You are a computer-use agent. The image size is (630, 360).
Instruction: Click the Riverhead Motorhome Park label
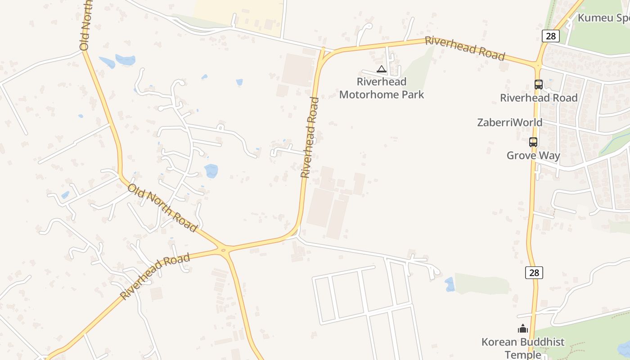[382, 88]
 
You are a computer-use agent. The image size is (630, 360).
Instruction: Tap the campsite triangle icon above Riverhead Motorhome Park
[382, 69]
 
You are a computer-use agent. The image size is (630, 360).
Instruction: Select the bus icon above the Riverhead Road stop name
[538, 84]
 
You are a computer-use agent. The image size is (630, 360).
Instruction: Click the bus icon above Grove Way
[533, 142]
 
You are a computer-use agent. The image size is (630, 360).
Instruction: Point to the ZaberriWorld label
[510, 122]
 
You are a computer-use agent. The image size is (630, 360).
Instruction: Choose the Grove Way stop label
[533, 156]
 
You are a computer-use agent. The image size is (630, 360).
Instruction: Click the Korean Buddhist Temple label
[523, 348]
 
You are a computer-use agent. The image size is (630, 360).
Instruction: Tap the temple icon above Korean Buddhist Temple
[522, 329]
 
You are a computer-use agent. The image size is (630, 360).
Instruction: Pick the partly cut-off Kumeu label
[603, 18]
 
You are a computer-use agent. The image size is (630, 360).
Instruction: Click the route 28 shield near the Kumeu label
[550, 36]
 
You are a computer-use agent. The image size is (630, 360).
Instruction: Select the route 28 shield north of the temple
[534, 272]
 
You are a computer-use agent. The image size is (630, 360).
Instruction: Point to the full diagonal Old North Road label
[162, 207]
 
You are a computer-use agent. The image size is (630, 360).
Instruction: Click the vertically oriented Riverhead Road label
[310, 137]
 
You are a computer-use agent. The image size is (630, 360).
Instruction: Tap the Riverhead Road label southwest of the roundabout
[155, 276]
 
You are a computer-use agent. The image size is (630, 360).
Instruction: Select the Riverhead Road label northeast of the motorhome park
[465, 48]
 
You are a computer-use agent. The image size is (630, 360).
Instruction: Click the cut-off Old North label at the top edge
[85, 25]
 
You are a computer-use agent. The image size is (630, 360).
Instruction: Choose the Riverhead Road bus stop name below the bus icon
[539, 98]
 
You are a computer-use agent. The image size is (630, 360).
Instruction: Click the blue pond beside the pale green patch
[449, 284]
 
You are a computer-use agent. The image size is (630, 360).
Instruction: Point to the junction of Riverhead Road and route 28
[538, 65]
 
